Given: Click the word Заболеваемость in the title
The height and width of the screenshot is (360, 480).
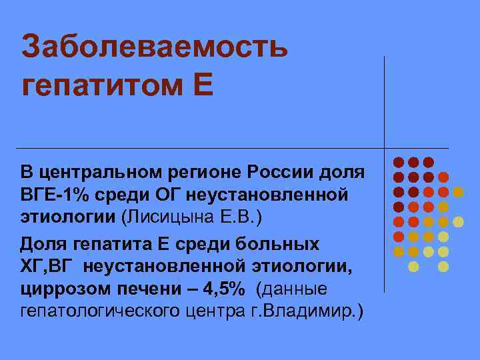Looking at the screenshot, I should coord(154,47).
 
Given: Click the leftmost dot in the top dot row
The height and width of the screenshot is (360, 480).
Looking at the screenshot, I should coord(399,162).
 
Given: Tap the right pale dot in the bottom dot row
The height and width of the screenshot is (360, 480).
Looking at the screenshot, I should coord(443,267).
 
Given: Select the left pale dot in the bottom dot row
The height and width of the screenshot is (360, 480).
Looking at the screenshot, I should coord(413,267).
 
